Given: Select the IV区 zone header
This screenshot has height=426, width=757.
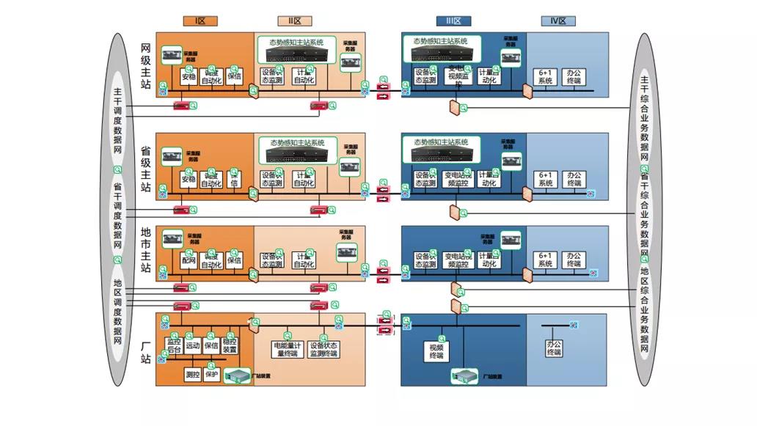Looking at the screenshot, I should tap(558, 21).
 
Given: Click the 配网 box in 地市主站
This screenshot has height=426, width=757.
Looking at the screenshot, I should tap(189, 260).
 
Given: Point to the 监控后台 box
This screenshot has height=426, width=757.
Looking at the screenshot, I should tap(173, 345).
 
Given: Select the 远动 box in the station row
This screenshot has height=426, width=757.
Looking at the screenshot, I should tap(192, 345).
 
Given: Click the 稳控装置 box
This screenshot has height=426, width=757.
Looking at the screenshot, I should tap(230, 345).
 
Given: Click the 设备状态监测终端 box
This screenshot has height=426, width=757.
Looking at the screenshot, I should tap(323, 349).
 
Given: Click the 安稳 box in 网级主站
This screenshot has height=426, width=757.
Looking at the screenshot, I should tap(189, 76).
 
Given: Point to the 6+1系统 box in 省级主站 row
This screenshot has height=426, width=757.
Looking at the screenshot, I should tap(544, 179).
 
